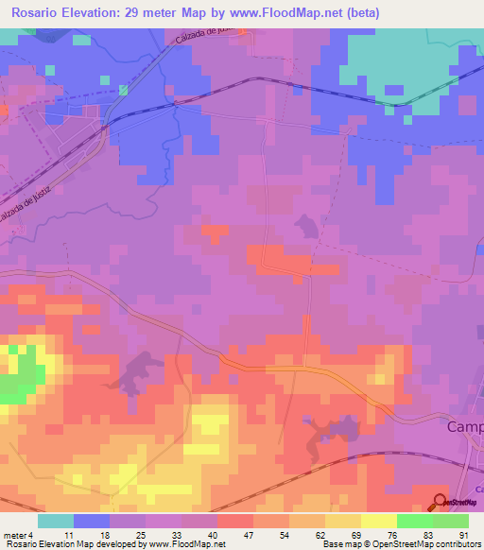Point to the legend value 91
tap(463, 536)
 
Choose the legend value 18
tap(104, 536)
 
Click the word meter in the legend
tap(14, 536)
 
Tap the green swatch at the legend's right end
tap(451, 521)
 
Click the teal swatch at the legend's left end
tap(56, 521)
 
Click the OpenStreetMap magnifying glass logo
tap(440, 502)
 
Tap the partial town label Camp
tap(464, 427)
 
